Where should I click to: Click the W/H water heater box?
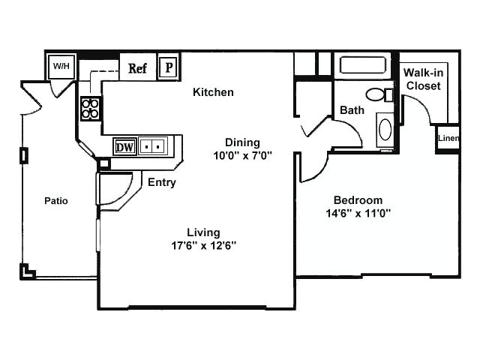61,66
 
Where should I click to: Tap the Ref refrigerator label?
137,68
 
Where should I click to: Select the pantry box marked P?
169,67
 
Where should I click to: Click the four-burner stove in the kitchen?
90,108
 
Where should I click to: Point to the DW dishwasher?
124,147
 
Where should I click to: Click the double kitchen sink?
153,147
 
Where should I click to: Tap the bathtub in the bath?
363,65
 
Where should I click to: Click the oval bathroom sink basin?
385,130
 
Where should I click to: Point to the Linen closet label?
448,138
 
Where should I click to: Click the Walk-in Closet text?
423,79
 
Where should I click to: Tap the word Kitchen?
213,92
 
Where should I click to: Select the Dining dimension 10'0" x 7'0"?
242,155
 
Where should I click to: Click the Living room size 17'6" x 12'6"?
203,245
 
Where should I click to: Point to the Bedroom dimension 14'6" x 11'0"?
358,213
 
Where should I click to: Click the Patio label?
56,201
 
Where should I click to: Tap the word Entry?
162,182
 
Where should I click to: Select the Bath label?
352,110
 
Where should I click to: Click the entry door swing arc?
125,193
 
